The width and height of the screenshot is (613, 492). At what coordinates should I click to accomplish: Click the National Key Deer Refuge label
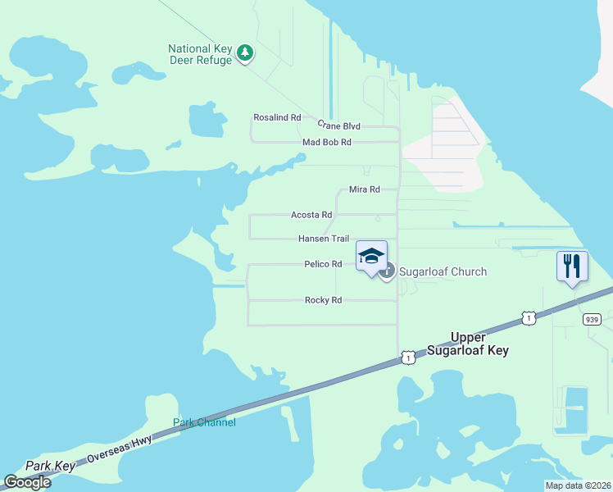click(x=200, y=54)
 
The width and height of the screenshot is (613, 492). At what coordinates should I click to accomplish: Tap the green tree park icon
click(x=245, y=53)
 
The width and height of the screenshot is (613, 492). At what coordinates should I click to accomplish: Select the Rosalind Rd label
click(x=277, y=117)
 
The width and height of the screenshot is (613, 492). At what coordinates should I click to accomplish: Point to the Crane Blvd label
click(x=338, y=125)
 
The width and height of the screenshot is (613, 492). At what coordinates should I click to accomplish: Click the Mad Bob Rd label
click(x=326, y=142)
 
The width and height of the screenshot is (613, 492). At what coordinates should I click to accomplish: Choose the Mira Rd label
click(x=364, y=189)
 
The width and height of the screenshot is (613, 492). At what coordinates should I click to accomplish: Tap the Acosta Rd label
click(x=311, y=215)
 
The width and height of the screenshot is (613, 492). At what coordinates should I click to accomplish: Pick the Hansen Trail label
click(x=323, y=239)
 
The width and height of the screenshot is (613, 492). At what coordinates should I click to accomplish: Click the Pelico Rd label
click(x=322, y=264)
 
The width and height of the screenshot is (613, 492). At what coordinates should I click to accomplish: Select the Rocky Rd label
click(x=323, y=300)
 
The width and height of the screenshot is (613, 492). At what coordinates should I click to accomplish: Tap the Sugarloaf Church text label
click(x=443, y=271)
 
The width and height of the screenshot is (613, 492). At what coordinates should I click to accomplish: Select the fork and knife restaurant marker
click(x=572, y=266)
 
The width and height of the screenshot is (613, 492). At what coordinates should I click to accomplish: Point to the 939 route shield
click(x=593, y=318)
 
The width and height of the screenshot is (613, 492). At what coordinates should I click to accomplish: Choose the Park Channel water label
click(x=204, y=422)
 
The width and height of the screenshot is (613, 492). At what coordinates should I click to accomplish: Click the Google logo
click(x=27, y=482)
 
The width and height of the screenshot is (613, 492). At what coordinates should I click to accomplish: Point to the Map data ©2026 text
click(x=577, y=485)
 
